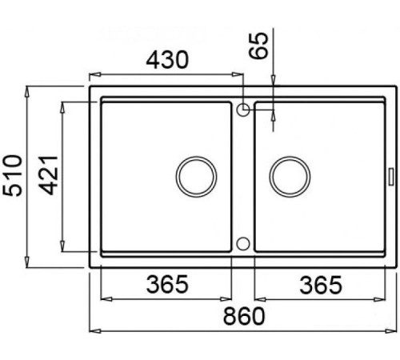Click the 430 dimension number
(x=167, y=60)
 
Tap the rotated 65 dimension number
(x=258, y=46)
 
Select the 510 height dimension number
(x=12, y=175)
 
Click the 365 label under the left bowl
(x=167, y=284)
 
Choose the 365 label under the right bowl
(x=321, y=285)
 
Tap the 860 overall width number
(x=244, y=316)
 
